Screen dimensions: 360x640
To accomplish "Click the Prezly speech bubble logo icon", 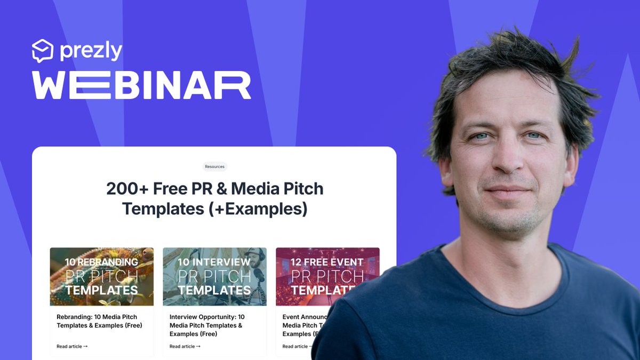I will tap(43, 51).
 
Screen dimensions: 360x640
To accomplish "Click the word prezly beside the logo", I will tap(91, 51).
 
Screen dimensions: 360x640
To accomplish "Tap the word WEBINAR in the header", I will tap(141, 85).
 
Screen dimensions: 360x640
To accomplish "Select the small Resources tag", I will tap(214, 166).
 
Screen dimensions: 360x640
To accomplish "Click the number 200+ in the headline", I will tap(127, 189).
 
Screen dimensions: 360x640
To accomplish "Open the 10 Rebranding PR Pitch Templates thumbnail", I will tap(102, 276).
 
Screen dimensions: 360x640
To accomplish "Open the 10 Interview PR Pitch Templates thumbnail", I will tap(214, 276).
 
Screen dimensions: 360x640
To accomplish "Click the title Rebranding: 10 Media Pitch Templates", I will tap(99, 321).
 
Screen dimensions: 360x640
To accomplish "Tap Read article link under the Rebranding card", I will tap(72, 346).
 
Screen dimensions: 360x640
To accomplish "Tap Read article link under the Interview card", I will tap(185, 346).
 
